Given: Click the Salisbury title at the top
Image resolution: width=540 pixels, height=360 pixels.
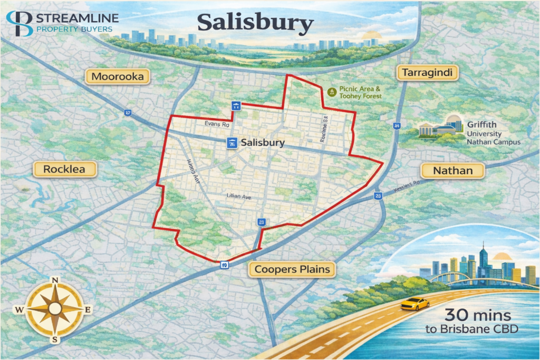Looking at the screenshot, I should (255, 23).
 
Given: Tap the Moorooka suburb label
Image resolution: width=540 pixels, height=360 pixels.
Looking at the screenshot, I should (118, 77).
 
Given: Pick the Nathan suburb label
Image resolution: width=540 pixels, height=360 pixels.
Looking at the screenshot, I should (452, 170).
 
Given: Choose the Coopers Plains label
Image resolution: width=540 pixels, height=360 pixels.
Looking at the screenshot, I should (292, 269).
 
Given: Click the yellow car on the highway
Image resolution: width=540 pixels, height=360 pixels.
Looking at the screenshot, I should (414, 304).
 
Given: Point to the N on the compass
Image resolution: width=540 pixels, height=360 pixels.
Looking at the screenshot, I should (55, 280).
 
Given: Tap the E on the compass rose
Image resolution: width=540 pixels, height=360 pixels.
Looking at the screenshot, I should (88, 309).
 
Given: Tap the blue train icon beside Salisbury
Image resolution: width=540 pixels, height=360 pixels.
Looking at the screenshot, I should (231, 143).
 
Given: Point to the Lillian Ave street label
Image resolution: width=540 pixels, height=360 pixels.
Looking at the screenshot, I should (238, 196).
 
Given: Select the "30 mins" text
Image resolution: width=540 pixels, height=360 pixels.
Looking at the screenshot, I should (478, 316).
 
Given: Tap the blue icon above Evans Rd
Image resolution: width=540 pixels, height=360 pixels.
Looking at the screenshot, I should (236, 106).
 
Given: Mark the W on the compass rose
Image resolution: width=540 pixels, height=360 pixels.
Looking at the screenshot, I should (20, 310).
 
